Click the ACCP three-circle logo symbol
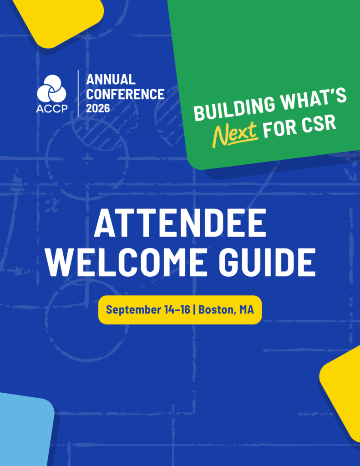click(x=52, y=88)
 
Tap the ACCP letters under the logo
click(x=52, y=109)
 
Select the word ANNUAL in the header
click(x=111, y=80)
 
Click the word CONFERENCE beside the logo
click(x=125, y=94)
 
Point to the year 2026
click(x=98, y=108)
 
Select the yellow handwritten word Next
click(x=235, y=135)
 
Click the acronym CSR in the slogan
click(x=319, y=124)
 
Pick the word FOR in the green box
click(x=280, y=129)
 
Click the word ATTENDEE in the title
click(x=180, y=223)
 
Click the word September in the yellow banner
click(x=133, y=309)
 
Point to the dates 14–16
click(x=177, y=309)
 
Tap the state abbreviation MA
click(x=247, y=309)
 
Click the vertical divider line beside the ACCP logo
click(x=78, y=94)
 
